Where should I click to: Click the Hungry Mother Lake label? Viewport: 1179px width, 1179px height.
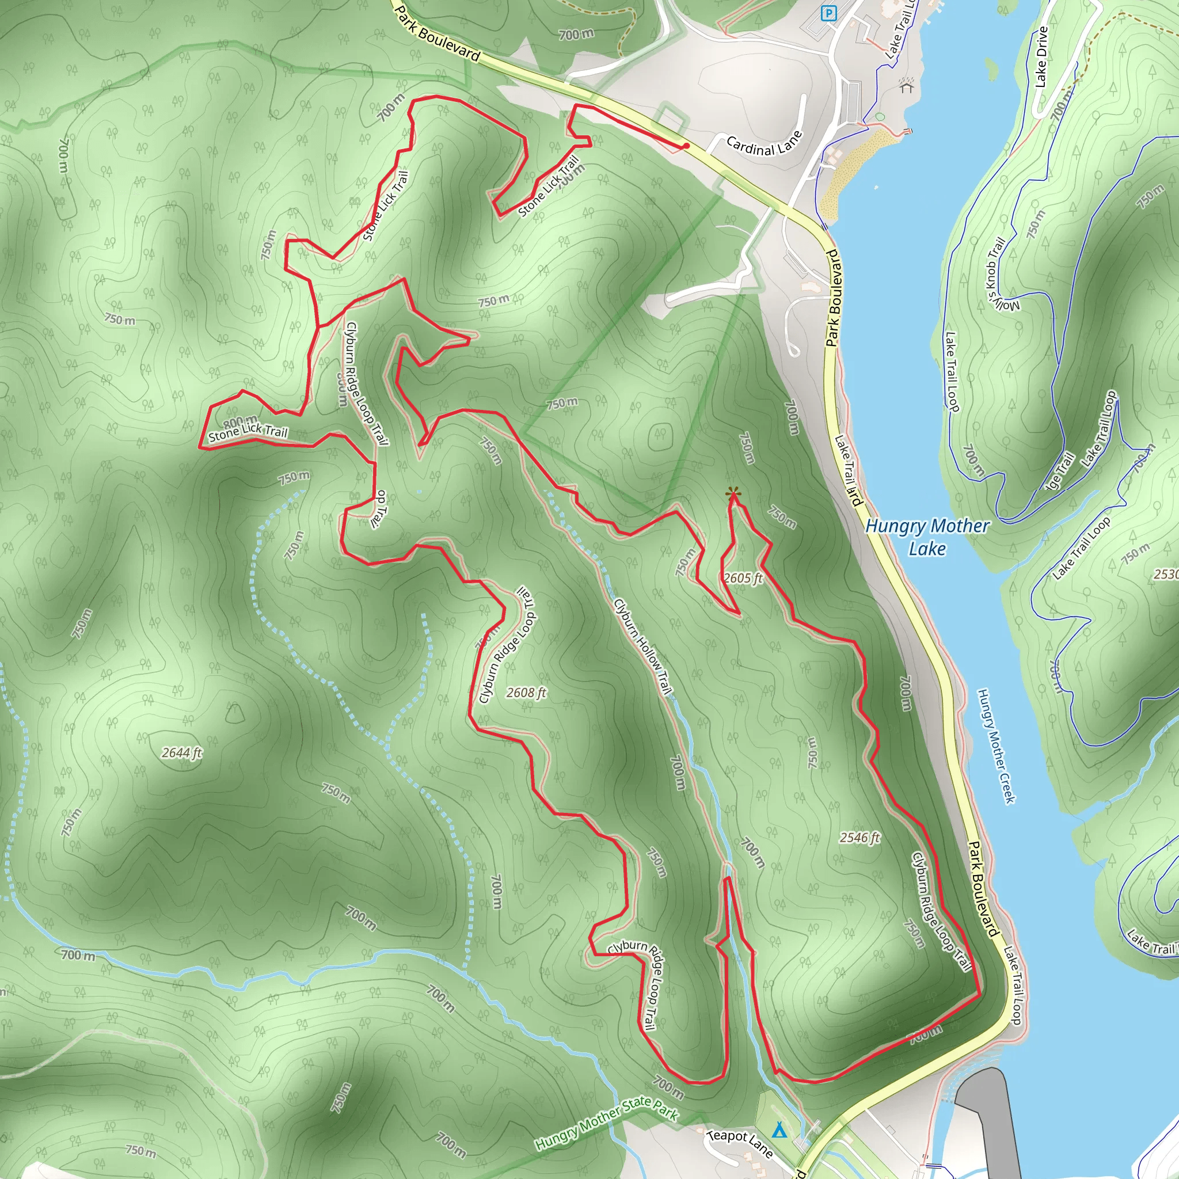pyautogui.click(x=927, y=537)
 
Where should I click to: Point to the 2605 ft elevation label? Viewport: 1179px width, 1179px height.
pyautogui.click(x=743, y=578)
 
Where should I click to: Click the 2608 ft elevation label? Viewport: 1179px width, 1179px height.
pyautogui.click(x=526, y=692)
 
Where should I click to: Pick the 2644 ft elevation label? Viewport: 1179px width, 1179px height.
pyautogui.click(x=181, y=753)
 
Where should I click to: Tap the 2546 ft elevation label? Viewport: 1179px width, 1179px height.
pyautogui.click(x=859, y=837)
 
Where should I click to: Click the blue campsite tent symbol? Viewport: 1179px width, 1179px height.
pyautogui.click(x=779, y=1131)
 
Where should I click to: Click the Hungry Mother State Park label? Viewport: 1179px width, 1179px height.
pyautogui.click(x=607, y=1124)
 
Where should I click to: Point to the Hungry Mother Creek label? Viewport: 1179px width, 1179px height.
pyautogui.click(x=996, y=746)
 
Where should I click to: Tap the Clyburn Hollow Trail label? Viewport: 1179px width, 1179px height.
pyautogui.click(x=642, y=646)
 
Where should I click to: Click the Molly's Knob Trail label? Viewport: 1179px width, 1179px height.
pyautogui.click(x=1001, y=274)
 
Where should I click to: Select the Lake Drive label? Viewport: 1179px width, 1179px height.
pyautogui.click(x=1041, y=57)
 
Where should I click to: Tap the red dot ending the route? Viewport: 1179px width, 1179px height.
pyautogui.click(x=687, y=146)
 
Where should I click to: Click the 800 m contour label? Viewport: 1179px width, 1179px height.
pyautogui.click(x=240, y=421)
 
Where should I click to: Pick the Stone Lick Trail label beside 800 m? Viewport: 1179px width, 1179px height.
pyautogui.click(x=248, y=433)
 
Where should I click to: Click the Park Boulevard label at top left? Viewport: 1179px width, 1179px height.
pyautogui.click(x=437, y=35)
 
